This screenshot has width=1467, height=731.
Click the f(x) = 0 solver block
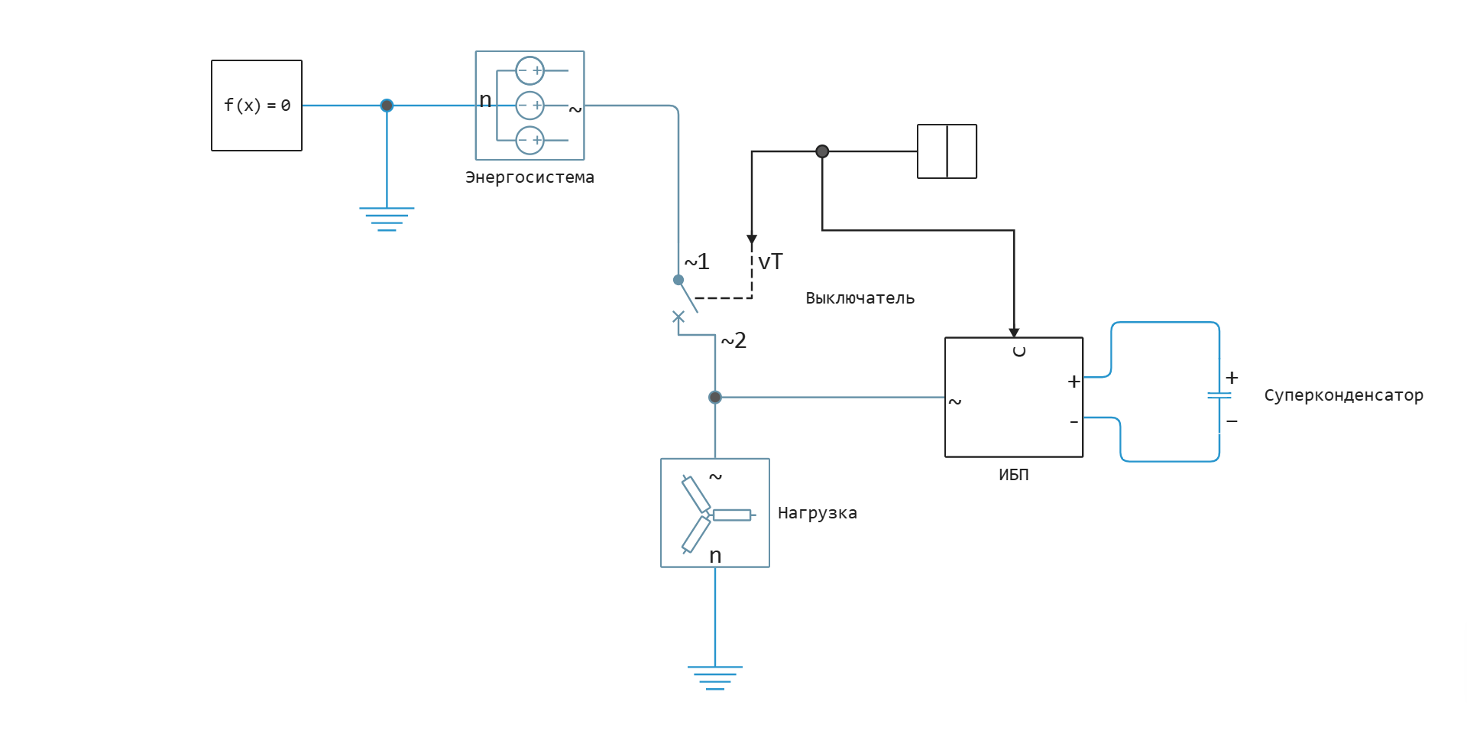(x=257, y=106)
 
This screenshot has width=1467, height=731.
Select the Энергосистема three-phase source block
(x=529, y=106)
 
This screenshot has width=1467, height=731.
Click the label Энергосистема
(x=529, y=177)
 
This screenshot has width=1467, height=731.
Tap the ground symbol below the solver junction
(x=387, y=219)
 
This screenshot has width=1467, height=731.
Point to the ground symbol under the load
(x=715, y=677)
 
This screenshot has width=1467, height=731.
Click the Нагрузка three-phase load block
(x=715, y=513)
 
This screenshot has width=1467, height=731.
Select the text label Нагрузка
(x=817, y=513)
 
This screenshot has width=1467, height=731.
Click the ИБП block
(x=1013, y=397)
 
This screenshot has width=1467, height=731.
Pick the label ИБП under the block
(x=1013, y=475)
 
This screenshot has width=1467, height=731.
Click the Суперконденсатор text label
(x=1343, y=395)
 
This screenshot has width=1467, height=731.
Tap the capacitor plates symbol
(x=1219, y=396)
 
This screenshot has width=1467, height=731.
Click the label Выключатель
(x=860, y=298)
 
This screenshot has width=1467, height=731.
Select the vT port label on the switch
(x=770, y=262)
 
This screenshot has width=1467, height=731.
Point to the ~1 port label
(x=697, y=262)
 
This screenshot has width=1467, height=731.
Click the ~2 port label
(x=733, y=340)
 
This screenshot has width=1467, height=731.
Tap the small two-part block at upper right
(x=947, y=151)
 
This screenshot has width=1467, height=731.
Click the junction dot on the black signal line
(x=822, y=151)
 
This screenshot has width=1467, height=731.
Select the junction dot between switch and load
(x=715, y=397)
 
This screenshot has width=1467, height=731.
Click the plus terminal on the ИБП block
(x=1074, y=381)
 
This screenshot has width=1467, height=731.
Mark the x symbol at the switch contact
(x=678, y=317)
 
